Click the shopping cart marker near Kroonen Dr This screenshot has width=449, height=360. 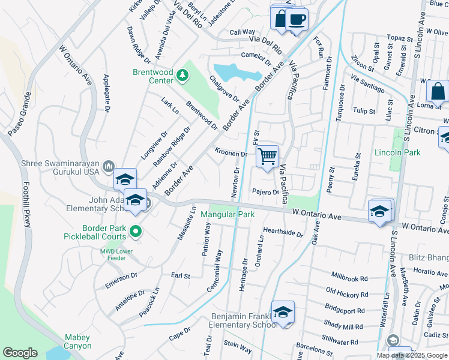click(267, 157)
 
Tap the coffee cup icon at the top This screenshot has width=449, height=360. click(296, 19)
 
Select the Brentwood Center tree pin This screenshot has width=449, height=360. click(182, 76)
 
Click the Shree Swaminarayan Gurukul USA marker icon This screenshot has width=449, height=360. click(109, 166)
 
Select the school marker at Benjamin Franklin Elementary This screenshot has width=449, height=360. click(283, 313)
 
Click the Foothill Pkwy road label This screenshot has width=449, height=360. click(26, 205)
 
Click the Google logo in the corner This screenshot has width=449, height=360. click(20, 353)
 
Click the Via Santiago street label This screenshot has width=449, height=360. click(367, 84)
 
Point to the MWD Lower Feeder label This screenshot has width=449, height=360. click(121, 251)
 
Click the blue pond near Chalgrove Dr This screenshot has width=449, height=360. click(237, 73)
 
